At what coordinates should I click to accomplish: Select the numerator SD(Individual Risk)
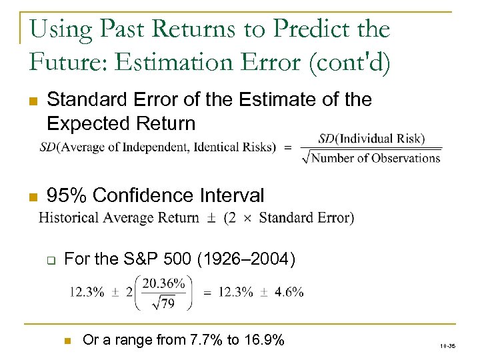pyautogui.click(x=371, y=139)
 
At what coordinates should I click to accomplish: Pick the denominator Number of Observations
pyautogui.click(x=376, y=158)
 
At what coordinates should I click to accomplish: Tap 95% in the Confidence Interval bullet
pyautogui.click(x=67, y=195)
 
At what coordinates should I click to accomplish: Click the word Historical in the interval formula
pyautogui.click(x=69, y=217)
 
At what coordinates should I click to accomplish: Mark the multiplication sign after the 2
pyautogui.click(x=247, y=218)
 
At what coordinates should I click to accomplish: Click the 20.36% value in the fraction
pyautogui.click(x=163, y=283)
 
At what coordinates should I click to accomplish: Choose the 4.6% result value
pyautogui.click(x=290, y=291)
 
